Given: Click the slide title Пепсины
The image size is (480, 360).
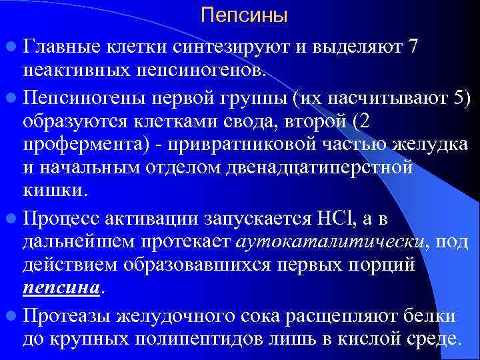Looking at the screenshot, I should pyautogui.click(x=244, y=15).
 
